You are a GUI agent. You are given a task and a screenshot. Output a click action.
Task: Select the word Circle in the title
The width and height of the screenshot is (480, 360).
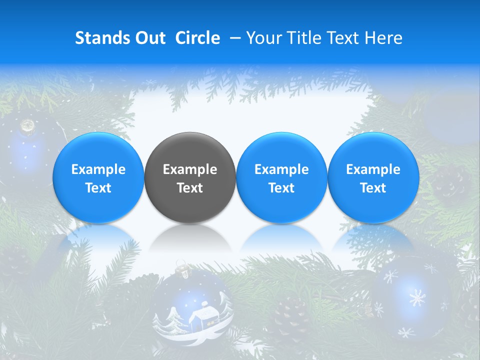click(197, 38)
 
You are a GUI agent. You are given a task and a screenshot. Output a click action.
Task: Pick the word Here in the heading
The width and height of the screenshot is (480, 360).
click(383, 38)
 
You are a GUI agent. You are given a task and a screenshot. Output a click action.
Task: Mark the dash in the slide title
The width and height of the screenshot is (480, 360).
click(235, 38)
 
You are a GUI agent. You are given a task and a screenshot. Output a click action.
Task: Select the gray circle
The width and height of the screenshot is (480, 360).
click(190, 177)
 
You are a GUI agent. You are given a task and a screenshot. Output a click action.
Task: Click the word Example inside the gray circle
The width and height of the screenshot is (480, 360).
click(190, 169)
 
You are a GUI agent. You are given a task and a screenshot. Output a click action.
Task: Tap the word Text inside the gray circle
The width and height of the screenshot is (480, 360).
click(190, 188)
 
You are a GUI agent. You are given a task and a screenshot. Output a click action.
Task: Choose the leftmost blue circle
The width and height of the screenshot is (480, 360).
click(98, 177)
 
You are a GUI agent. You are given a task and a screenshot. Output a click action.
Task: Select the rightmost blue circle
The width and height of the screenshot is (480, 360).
click(373, 177)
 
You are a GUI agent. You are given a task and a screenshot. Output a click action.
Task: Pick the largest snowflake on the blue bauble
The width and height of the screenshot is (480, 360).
click(416, 298)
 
